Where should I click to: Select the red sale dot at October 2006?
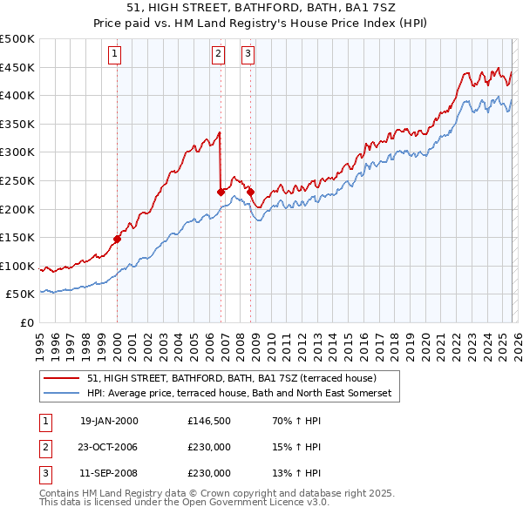(221, 192)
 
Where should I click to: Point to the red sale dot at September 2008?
(250, 192)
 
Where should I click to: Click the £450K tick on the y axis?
(17, 67)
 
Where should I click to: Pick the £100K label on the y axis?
(17, 266)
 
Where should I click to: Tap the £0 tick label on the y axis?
(26, 322)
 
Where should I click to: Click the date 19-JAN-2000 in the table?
(109, 421)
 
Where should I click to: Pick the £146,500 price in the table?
(209, 421)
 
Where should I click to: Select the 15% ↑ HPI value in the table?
(296, 448)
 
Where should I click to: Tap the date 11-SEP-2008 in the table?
(109, 474)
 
